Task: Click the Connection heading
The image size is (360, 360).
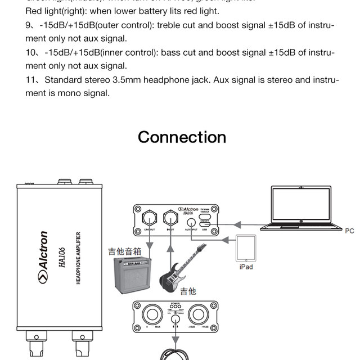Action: coord(182,137)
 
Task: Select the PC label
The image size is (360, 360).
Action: coord(349,231)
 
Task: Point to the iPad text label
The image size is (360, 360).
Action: coord(246,267)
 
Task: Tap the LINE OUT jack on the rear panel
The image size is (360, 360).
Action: coord(150,217)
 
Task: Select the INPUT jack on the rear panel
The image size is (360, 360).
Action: coord(169,218)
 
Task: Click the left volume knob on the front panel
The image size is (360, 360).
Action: coord(152,314)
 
